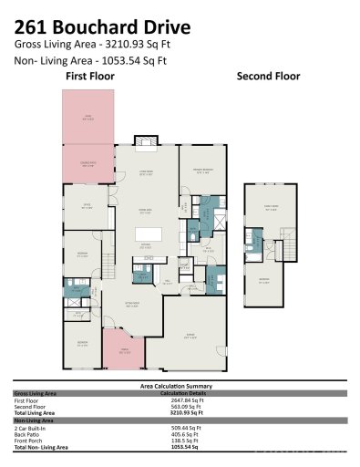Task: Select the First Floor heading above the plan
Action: coord(88,78)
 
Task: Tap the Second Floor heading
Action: coord(268,78)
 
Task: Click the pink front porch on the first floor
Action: coord(117,348)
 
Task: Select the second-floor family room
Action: coord(270,209)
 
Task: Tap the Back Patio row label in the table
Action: coord(28,433)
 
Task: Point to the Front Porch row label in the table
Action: coord(29,440)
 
